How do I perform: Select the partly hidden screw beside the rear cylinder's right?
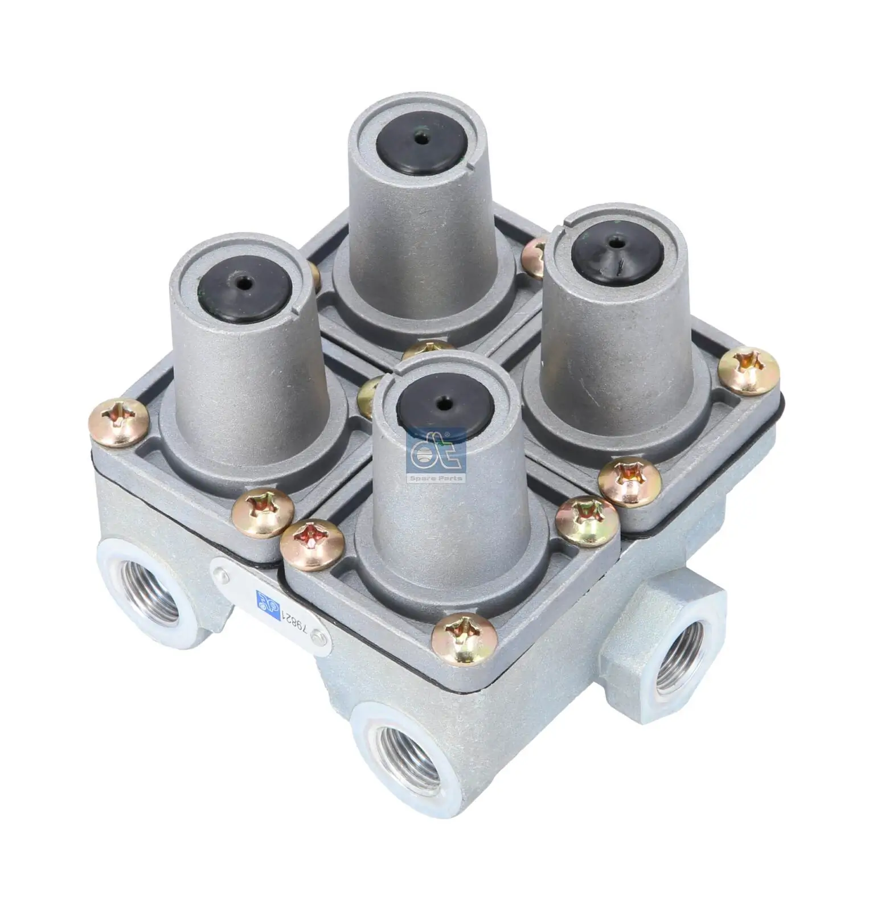[534, 260]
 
